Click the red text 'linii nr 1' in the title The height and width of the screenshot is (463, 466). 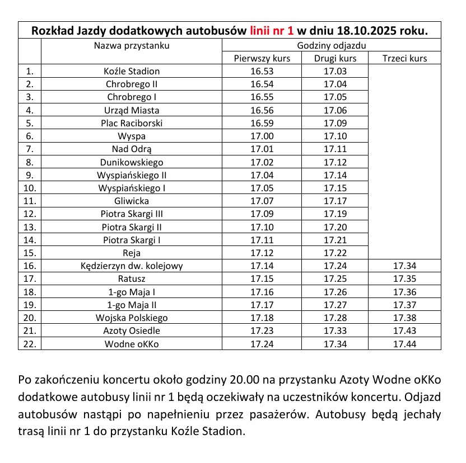pos(272,30)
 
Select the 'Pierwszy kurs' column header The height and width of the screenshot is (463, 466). pos(262,58)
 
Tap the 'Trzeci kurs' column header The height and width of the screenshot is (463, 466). pos(404,58)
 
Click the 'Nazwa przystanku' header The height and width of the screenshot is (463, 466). pos(132,45)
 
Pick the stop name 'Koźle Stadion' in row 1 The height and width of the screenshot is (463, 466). pos(132,71)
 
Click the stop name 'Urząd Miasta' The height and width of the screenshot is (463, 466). pos(132,110)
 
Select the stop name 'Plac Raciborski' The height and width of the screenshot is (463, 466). pos(132,123)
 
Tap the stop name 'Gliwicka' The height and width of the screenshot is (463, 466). pos(132,201)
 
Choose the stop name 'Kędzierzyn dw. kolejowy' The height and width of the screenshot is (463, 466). pos(132,266)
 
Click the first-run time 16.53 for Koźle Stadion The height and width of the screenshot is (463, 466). pos(262,71)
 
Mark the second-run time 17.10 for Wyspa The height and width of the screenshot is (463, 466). pos(335,136)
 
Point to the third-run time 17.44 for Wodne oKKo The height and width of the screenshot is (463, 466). pos(404,343)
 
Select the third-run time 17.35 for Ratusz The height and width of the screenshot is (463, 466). pos(404,278)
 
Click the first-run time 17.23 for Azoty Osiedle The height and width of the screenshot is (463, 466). pos(262,330)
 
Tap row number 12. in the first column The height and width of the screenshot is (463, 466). pos(30,214)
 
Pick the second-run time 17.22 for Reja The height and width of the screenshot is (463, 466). pos(335,253)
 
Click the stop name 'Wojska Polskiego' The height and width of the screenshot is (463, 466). pos(132,318)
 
